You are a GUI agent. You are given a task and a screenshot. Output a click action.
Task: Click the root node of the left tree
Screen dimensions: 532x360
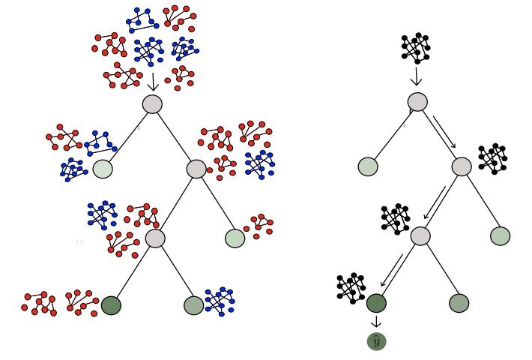click(x=152, y=104)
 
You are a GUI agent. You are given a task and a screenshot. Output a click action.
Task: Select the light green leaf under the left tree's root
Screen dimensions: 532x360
click(x=103, y=169)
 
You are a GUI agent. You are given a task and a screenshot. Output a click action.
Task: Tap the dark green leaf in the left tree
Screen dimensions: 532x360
click(x=111, y=305)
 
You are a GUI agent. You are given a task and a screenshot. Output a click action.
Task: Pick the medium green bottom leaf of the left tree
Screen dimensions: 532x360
click(x=194, y=305)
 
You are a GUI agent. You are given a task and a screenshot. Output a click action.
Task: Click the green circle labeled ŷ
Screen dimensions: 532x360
click(x=376, y=341)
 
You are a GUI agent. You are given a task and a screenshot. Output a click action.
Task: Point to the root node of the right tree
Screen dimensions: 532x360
click(x=417, y=102)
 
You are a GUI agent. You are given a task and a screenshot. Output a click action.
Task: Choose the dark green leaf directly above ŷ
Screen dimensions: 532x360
click(x=376, y=303)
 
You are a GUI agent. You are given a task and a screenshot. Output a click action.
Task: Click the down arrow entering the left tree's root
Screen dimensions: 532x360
click(x=153, y=82)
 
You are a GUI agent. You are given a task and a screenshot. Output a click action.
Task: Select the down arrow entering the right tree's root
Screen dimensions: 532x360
click(x=417, y=76)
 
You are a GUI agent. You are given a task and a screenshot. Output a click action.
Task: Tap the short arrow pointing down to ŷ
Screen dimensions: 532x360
click(x=376, y=322)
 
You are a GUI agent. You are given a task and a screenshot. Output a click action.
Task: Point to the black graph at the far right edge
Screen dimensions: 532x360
click(x=493, y=158)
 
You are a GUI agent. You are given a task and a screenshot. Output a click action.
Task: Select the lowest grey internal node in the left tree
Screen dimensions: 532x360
click(x=155, y=238)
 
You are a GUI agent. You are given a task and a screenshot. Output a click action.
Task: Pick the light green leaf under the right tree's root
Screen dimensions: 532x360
click(x=368, y=166)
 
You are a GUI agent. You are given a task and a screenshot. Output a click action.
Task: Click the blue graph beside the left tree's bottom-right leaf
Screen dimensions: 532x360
click(x=220, y=301)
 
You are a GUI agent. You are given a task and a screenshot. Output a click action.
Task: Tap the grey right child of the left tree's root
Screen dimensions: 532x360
click(x=196, y=169)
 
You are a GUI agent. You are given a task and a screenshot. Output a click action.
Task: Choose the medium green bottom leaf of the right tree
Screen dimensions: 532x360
click(x=459, y=303)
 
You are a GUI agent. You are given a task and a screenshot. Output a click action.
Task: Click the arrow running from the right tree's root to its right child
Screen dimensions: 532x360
click(x=444, y=131)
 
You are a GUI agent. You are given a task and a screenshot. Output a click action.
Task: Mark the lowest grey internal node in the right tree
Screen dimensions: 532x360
click(x=420, y=236)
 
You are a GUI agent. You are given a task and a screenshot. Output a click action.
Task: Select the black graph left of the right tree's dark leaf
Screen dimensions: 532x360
click(x=351, y=287)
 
